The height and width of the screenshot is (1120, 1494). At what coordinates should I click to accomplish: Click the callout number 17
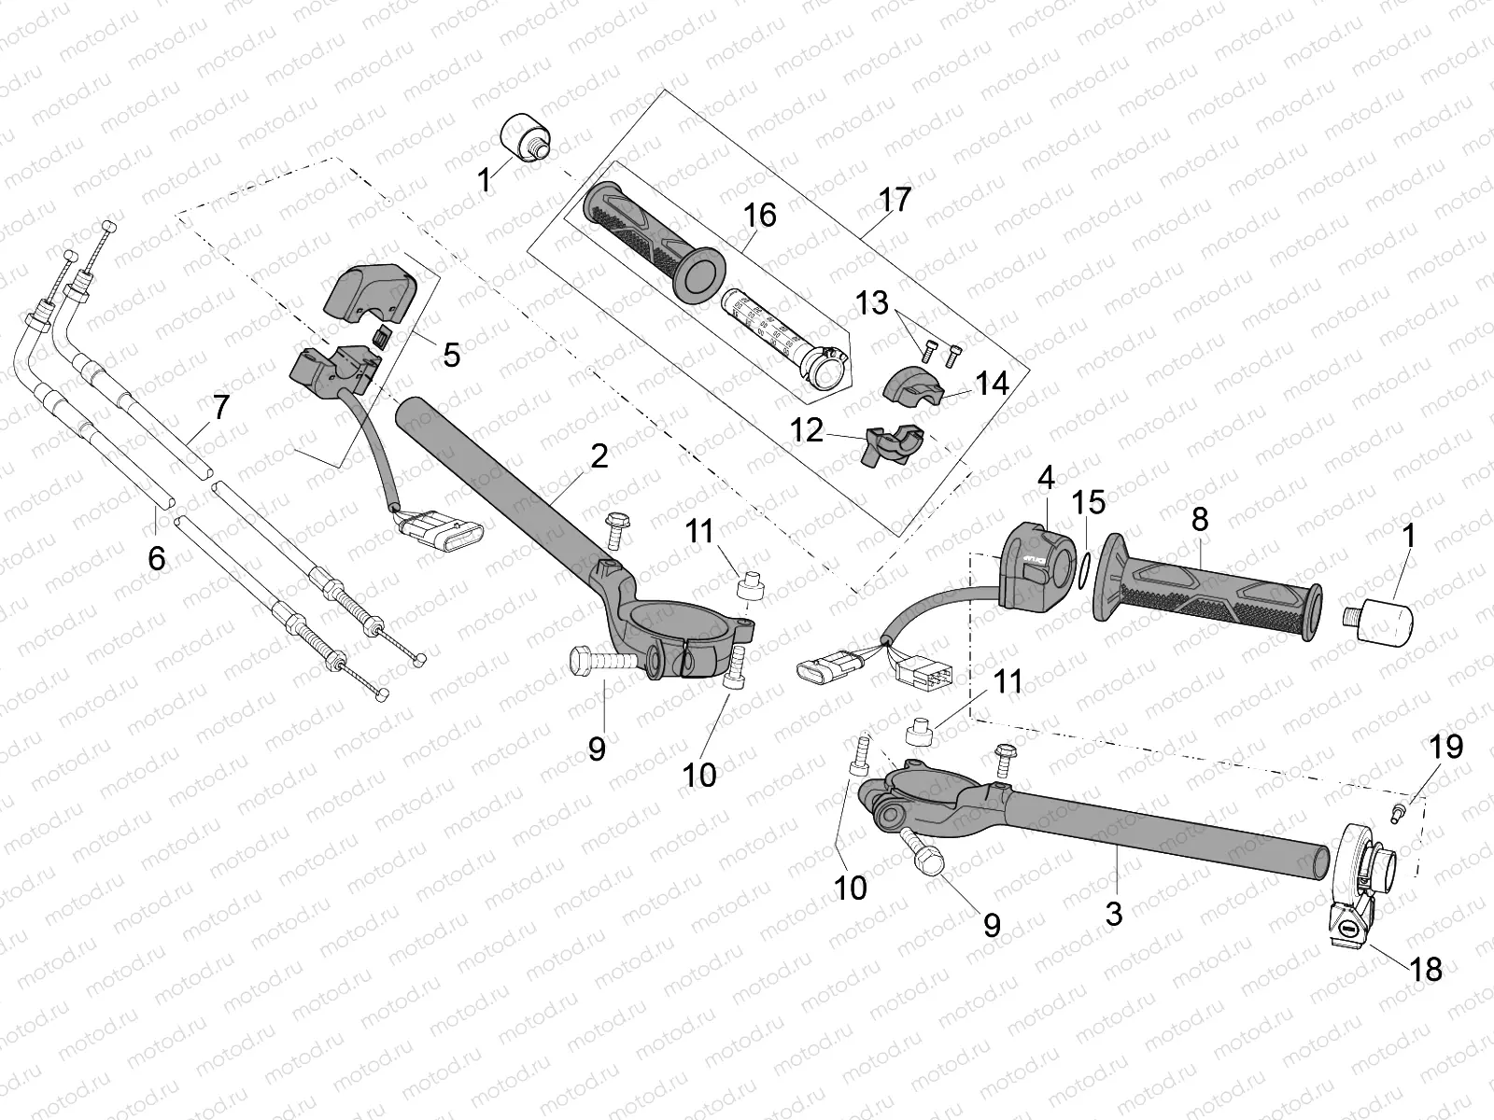coord(895,200)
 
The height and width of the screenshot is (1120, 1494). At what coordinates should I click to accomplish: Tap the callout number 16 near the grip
coord(760,216)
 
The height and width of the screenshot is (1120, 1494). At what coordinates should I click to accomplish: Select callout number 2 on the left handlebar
coord(599,455)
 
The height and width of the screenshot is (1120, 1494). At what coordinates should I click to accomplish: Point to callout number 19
coord(1445,746)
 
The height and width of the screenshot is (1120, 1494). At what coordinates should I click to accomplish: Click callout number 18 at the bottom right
coord(1427,969)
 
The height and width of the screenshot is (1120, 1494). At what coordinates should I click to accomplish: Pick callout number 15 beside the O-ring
coord(1089,502)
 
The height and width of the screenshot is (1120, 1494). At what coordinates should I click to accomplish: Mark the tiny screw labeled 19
coord(1399,811)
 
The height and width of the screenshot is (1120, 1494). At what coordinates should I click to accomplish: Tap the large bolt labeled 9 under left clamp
coord(602,663)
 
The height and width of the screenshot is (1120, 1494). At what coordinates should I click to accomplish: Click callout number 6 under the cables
coord(156,558)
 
